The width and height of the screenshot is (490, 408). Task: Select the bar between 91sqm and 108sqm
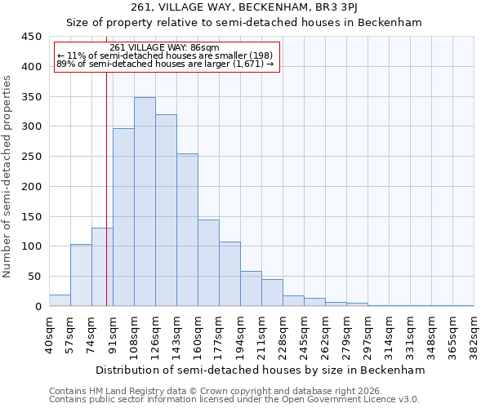point(123,217)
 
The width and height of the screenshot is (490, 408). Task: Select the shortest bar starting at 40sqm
point(60,300)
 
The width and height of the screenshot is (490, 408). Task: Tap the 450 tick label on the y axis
point(32,37)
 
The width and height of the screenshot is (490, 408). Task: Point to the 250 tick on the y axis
point(32,157)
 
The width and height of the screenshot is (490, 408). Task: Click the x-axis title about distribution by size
point(261,370)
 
